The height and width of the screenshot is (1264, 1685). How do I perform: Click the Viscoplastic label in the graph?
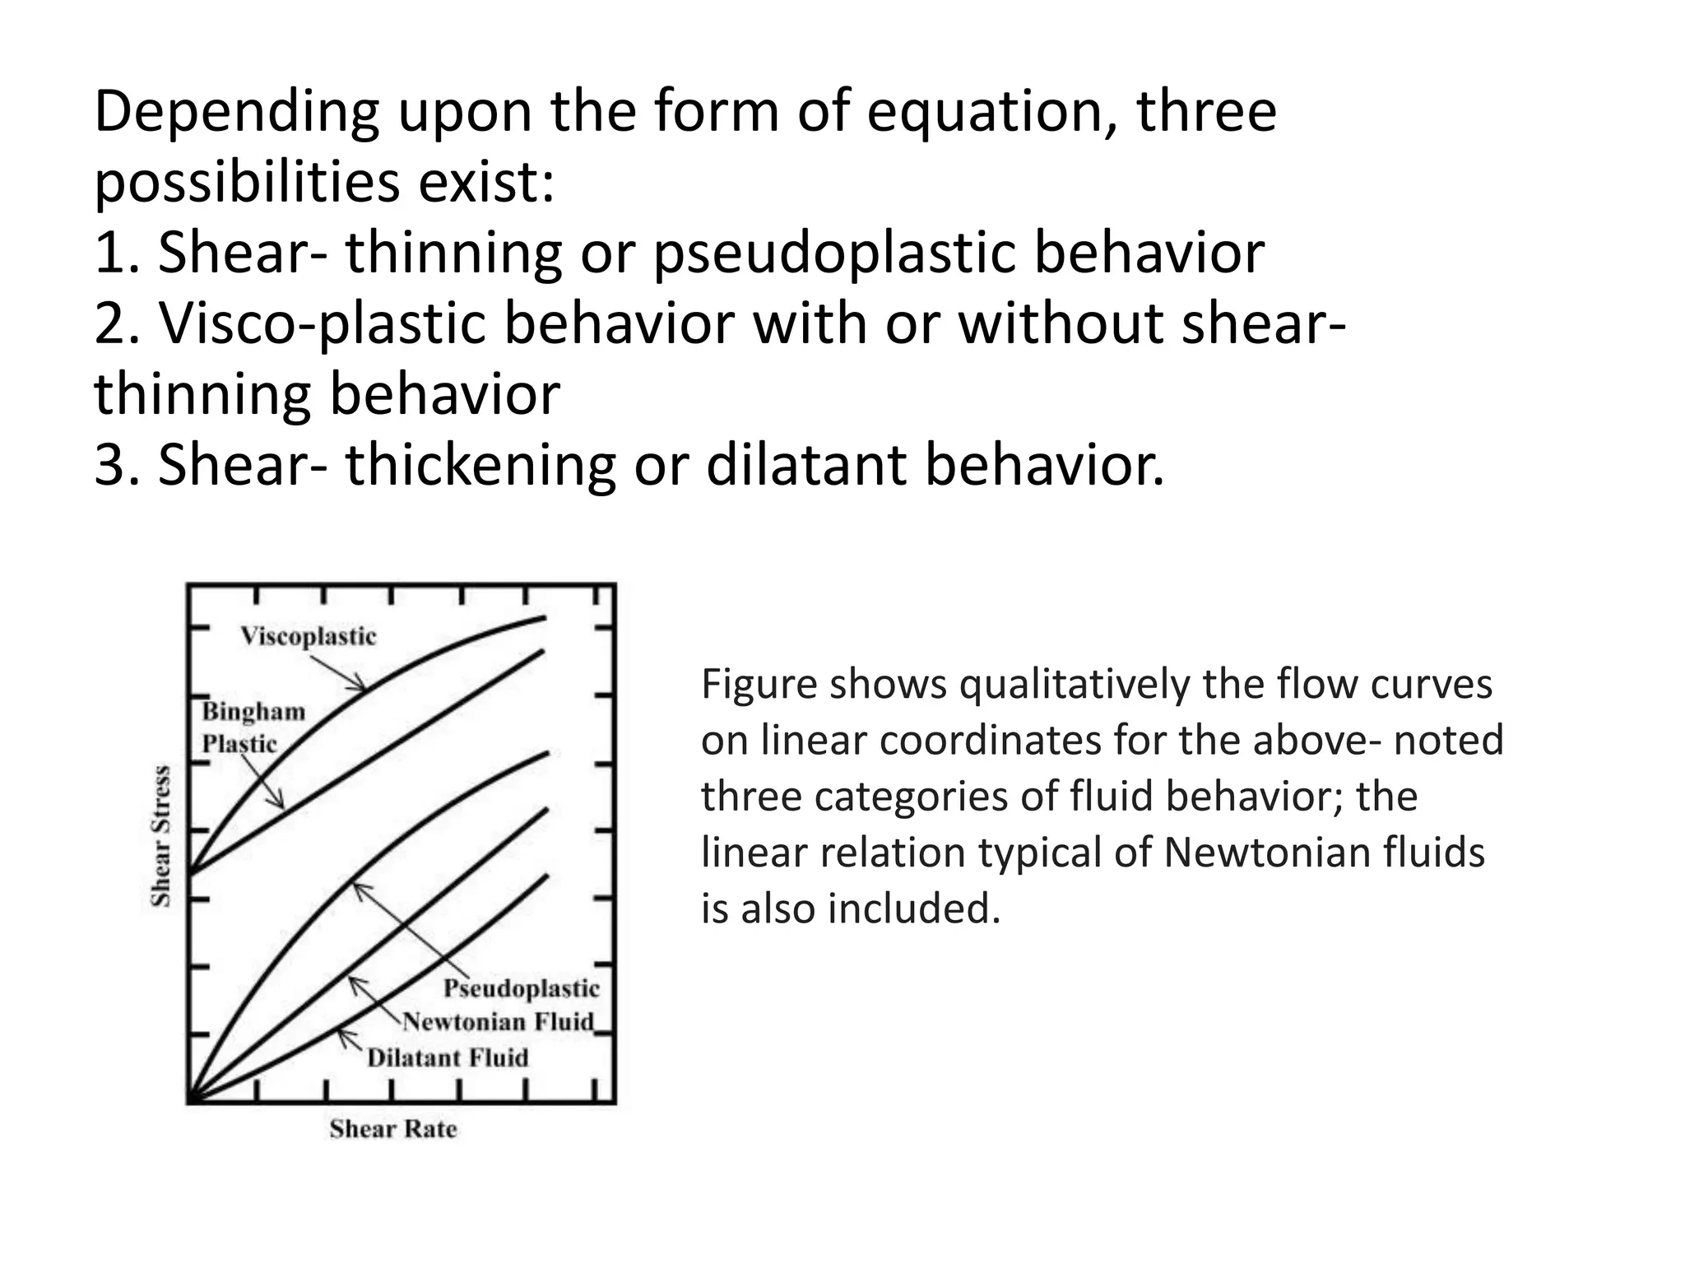(x=308, y=636)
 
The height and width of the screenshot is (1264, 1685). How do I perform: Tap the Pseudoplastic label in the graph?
(x=522, y=988)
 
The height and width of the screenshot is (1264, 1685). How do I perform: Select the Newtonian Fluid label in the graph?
(x=498, y=1022)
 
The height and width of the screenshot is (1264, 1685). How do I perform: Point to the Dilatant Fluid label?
(x=448, y=1057)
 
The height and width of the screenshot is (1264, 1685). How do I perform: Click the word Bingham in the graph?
(x=253, y=711)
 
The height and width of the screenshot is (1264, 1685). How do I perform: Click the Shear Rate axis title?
(x=393, y=1129)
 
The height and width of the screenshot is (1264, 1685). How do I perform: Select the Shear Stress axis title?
(x=162, y=836)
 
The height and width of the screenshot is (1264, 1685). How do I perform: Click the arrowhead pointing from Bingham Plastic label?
(x=281, y=803)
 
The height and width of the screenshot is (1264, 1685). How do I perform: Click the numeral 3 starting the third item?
(x=109, y=464)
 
